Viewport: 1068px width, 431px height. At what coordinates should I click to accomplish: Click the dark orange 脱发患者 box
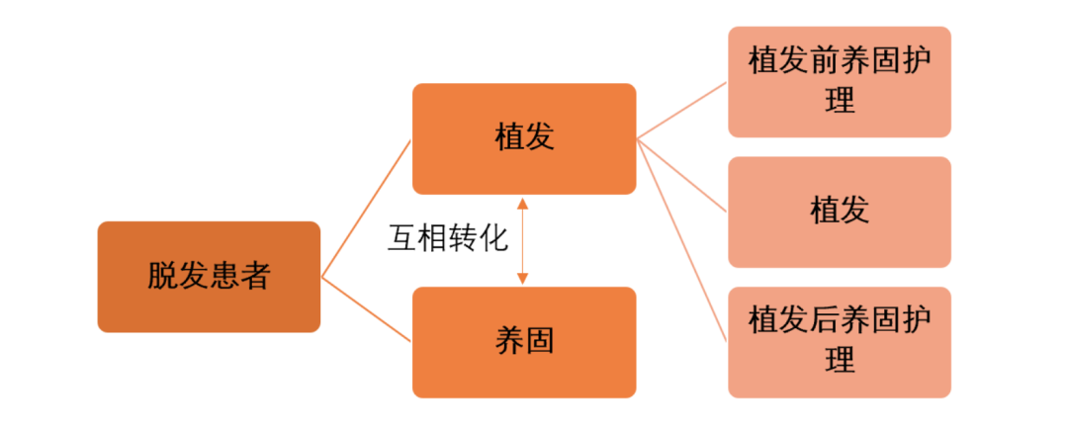(209, 277)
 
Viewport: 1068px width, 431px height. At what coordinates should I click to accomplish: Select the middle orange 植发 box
(523, 138)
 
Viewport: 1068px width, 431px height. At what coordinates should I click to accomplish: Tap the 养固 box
(523, 342)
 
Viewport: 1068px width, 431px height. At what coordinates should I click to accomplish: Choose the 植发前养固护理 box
(839, 81)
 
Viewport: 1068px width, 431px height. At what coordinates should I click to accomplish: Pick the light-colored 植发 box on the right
(839, 212)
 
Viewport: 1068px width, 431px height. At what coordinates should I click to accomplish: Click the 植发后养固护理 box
(839, 342)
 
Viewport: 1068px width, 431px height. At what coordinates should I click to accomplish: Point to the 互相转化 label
(447, 239)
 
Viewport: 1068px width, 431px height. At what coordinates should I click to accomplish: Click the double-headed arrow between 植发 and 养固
(523, 241)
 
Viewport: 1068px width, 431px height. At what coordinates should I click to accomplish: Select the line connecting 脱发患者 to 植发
(366, 208)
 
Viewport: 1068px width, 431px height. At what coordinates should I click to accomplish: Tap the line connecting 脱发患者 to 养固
(366, 308)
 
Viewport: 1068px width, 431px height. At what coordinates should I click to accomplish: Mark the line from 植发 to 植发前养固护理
(682, 110)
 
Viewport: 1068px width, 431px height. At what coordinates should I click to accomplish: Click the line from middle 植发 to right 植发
(682, 175)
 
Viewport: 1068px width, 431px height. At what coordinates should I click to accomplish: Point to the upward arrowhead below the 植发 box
(523, 203)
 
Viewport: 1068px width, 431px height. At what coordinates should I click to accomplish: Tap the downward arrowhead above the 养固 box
(523, 280)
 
